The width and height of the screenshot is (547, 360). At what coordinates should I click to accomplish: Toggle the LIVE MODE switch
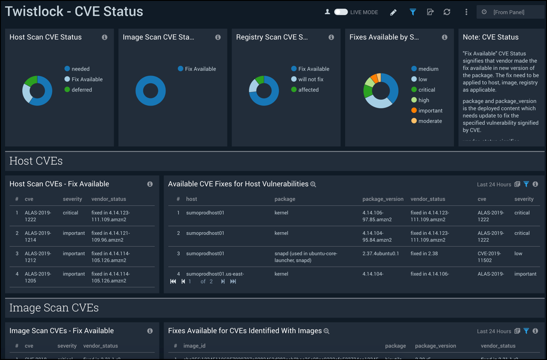[341, 12]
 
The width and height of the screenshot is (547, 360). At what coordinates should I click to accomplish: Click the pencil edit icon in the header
[393, 12]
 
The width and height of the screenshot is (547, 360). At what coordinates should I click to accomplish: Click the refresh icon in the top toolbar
[447, 12]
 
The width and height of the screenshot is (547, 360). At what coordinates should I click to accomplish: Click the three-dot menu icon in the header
[466, 12]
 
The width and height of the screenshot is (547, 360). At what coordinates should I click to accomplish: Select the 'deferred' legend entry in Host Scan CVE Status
[81, 90]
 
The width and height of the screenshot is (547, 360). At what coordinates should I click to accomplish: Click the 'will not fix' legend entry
[310, 79]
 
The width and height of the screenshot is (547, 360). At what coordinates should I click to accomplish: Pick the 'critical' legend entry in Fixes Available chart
[426, 90]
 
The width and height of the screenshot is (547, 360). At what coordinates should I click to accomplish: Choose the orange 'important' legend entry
[430, 111]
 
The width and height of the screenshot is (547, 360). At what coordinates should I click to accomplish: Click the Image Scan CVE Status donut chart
[151, 91]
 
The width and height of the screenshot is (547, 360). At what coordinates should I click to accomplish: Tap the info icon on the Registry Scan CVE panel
[331, 37]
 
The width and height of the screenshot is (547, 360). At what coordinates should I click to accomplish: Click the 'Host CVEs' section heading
[36, 161]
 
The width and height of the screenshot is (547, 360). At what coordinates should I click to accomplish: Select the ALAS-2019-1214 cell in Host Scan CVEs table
[38, 236]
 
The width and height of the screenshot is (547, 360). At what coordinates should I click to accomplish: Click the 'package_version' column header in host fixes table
[383, 199]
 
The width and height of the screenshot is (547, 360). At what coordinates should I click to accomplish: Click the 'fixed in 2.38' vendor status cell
[424, 253]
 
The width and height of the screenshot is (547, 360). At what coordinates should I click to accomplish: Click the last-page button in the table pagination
[233, 282]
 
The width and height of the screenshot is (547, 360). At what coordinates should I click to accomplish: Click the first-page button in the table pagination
[173, 282]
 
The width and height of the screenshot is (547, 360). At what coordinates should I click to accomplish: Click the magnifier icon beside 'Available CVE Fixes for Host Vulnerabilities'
[313, 184]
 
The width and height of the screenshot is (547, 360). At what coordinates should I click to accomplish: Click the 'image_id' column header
[194, 346]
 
